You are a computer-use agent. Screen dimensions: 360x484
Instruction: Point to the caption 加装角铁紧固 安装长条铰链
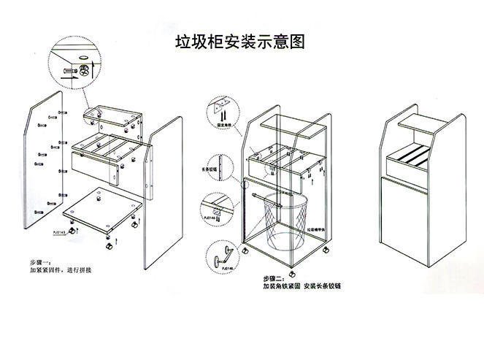click(x=307, y=287)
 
